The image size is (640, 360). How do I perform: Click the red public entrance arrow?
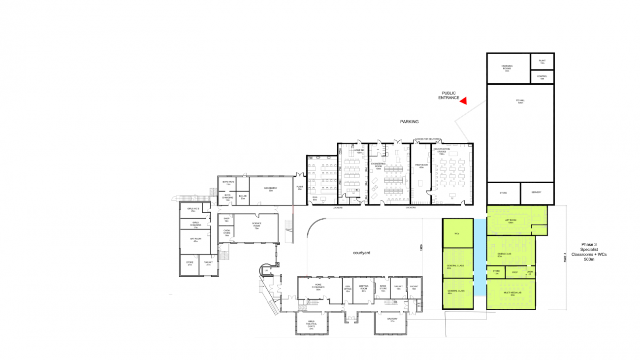[x=463, y=100]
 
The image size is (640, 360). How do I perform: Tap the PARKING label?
[x=409, y=121]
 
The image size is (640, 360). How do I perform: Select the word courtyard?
[x=361, y=253]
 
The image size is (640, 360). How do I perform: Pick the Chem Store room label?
[x=226, y=233]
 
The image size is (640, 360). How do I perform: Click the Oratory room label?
[x=392, y=320]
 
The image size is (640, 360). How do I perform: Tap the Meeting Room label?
[x=363, y=289]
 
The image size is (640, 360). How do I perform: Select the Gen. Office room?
[x=348, y=289]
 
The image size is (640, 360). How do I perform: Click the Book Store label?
[x=382, y=289]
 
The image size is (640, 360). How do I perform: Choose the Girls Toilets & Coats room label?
[x=311, y=325]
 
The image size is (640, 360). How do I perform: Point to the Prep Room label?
[x=421, y=166]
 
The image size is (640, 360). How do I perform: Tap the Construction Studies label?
[x=442, y=152]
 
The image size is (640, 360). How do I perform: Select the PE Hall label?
[x=520, y=101]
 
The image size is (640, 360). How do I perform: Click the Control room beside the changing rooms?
[x=542, y=77]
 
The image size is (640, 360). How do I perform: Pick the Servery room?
[x=537, y=192]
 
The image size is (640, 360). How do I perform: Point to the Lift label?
[x=266, y=270]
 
